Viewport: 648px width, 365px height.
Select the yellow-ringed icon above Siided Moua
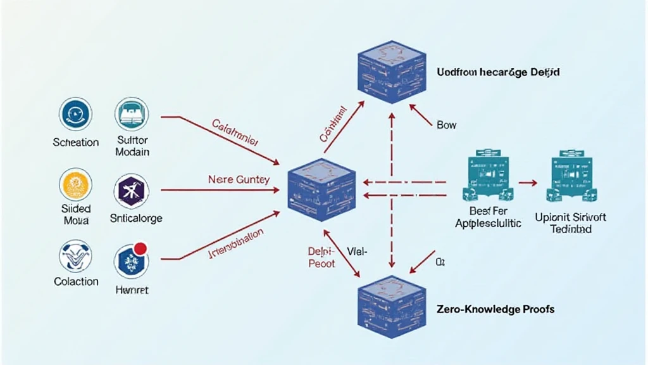click(x=75, y=185)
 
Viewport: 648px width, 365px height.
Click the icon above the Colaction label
click(x=75, y=255)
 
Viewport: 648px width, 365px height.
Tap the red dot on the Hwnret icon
click(x=141, y=248)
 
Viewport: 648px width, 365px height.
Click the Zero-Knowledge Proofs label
click(x=495, y=309)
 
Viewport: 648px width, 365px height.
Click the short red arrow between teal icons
click(x=527, y=182)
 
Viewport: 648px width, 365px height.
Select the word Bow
click(x=446, y=125)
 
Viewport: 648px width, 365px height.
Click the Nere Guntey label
click(x=239, y=179)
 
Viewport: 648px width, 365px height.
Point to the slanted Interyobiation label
click(x=236, y=245)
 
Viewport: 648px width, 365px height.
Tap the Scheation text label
click(x=76, y=143)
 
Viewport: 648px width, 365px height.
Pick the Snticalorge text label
click(x=136, y=219)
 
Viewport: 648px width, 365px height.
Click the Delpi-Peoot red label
click(x=321, y=257)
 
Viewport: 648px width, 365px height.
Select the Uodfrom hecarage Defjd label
click(x=498, y=72)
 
